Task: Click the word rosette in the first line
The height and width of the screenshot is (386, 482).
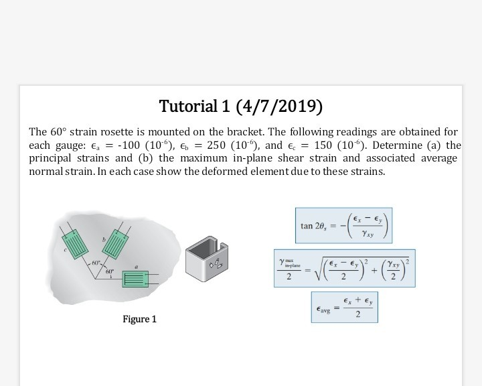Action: click(108, 132)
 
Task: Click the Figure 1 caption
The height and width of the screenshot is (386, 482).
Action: click(140, 319)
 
